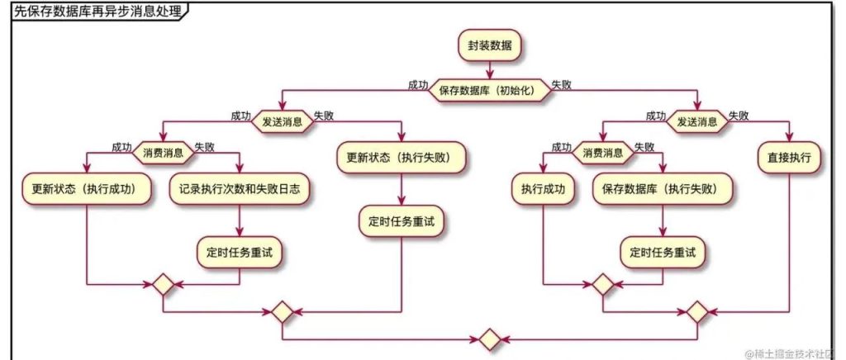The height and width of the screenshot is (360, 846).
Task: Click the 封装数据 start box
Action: [x=490, y=46]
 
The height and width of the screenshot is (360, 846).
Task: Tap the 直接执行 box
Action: [x=790, y=155]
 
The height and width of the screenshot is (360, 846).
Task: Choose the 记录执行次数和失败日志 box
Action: [x=239, y=188]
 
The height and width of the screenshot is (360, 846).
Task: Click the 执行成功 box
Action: [x=542, y=188]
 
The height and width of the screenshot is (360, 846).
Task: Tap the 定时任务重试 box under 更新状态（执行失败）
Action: [x=401, y=221]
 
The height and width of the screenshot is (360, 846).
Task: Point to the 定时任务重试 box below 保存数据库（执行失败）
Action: [x=663, y=253]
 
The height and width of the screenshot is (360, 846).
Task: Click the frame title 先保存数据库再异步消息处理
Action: [x=97, y=12]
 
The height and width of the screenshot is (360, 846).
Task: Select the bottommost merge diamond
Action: [x=489, y=339]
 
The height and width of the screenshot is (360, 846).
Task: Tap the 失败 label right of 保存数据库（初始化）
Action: [x=562, y=84]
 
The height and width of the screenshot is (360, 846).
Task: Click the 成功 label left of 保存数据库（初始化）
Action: [x=417, y=84]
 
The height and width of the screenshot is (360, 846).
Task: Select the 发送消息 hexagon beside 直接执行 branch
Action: [x=696, y=121]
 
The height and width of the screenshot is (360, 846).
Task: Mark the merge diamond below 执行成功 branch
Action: [x=603, y=284]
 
